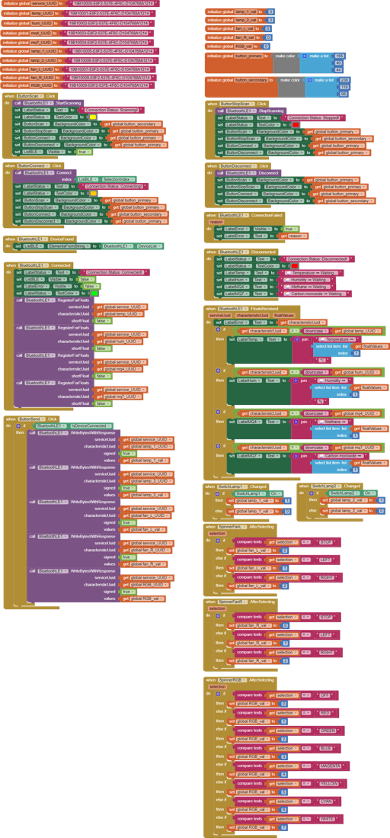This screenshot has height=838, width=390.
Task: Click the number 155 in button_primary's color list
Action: click(x=340, y=56)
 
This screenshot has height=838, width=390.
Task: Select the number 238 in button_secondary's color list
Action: click(x=344, y=80)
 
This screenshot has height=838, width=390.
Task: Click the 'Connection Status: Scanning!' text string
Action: click(x=113, y=110)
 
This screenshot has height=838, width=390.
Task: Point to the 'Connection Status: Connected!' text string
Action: click(x=115, y=272)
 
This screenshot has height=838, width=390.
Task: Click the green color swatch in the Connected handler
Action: click(x=94, y=293)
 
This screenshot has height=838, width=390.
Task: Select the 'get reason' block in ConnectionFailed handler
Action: click(x=296, y=236)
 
